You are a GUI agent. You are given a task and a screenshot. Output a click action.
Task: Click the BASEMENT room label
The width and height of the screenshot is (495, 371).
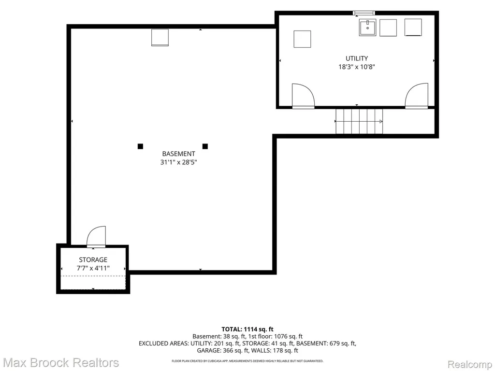[x=178, y=154]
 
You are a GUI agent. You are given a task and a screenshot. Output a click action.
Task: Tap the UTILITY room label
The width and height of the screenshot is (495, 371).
[x=357, y=58]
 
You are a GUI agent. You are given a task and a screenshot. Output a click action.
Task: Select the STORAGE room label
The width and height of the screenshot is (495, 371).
[x=93, y=259]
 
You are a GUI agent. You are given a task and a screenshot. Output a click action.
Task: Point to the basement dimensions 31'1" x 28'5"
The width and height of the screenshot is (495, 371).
[x=178, y=162]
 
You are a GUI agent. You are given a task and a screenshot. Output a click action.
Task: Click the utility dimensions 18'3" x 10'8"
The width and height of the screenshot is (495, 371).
[x=357, y=67]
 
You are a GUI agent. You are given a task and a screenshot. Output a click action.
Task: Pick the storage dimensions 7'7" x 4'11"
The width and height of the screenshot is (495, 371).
[x=93, y=268]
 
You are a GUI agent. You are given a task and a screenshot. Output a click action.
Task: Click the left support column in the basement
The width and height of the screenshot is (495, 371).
[x=141, y=146]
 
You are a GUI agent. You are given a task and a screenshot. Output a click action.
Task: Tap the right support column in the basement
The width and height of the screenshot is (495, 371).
[x=205, y=146]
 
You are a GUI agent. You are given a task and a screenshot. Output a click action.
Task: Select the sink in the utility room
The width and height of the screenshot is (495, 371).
[x=367, y=28]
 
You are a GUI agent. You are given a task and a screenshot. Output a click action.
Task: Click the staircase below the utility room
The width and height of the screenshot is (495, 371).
[x=359, y=121]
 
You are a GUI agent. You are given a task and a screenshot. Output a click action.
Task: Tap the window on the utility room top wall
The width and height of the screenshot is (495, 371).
[x=364, y=13]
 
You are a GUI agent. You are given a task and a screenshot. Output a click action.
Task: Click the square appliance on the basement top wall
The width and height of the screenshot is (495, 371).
[x=160, y=38]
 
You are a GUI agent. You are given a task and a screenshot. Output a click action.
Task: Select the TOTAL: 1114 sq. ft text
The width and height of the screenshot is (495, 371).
[x=247, y=329]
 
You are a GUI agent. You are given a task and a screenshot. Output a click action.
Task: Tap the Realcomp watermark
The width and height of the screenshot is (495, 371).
[x=470, y=364]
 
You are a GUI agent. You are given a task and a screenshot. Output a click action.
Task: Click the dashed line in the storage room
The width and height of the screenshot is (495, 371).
[x=93, y=276]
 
